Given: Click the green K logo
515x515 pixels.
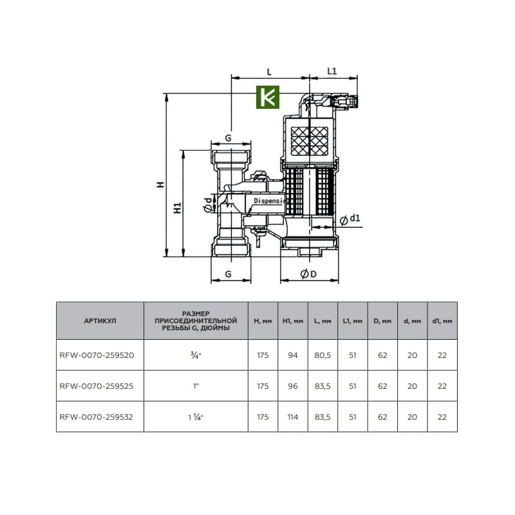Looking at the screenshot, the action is point(268,97).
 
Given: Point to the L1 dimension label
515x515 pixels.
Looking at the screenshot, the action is point(332,71).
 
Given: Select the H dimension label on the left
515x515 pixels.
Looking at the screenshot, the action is point(160,184).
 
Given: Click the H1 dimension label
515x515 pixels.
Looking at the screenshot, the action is point(178,208).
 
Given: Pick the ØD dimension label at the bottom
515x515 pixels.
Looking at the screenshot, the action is point(308,274).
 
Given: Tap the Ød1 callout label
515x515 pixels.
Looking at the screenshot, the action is point(350,219).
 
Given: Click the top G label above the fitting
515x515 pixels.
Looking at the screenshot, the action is point(229,138).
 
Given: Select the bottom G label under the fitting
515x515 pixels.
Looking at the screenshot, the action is point(229,274).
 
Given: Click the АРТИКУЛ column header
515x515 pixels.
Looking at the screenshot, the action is point(100,321).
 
